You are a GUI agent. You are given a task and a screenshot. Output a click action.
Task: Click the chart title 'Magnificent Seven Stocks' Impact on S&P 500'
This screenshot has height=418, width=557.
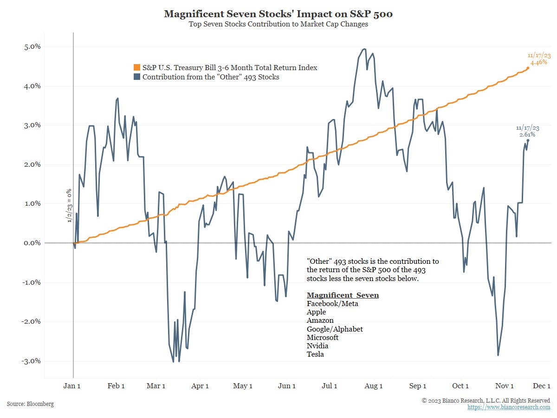click(x=278, y=14)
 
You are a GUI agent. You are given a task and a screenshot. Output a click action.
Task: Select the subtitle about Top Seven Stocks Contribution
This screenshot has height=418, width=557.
click(x=278, y=25)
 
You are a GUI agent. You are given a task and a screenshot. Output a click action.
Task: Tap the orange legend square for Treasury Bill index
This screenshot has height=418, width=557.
click(x=136, y=68)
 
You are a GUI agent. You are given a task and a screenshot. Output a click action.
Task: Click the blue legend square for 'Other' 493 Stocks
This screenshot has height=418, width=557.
click(x=136, y=77)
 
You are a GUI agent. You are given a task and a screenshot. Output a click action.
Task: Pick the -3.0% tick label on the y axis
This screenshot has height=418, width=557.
click(x=31, y=361)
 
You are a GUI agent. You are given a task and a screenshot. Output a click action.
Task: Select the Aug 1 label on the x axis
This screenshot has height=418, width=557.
click(x=374, y=386)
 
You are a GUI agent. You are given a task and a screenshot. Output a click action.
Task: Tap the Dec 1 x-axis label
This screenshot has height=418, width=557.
click(x=542, y=386)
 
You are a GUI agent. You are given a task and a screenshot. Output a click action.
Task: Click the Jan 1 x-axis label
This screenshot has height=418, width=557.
click(x=73, y=386)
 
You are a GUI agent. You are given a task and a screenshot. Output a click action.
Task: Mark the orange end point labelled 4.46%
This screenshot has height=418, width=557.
click(x=528, y=68)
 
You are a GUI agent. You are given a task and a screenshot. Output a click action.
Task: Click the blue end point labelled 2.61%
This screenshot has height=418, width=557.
click(x=528, y=140)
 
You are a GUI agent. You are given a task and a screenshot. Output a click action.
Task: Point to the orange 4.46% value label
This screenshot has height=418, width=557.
click(x=538, y=62)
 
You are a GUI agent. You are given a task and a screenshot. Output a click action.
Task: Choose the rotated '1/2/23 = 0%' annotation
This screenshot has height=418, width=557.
click(x=69, y=205)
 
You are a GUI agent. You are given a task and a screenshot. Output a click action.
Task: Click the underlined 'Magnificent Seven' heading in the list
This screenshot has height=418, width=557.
click(x=343, y=295)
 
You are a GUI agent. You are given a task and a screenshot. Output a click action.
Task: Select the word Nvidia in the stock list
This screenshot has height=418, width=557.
click(x=317, y=346)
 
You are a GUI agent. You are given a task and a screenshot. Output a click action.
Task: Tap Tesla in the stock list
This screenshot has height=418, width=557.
click(x=315, y=354)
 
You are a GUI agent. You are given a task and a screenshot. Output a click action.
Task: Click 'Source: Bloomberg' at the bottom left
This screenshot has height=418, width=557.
click(x=30, y=404)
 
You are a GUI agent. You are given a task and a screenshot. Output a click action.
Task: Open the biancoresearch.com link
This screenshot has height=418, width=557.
click(x=509, y=407)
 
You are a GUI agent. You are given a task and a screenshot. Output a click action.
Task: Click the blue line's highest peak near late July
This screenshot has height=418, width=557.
click(x=364, y=49)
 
